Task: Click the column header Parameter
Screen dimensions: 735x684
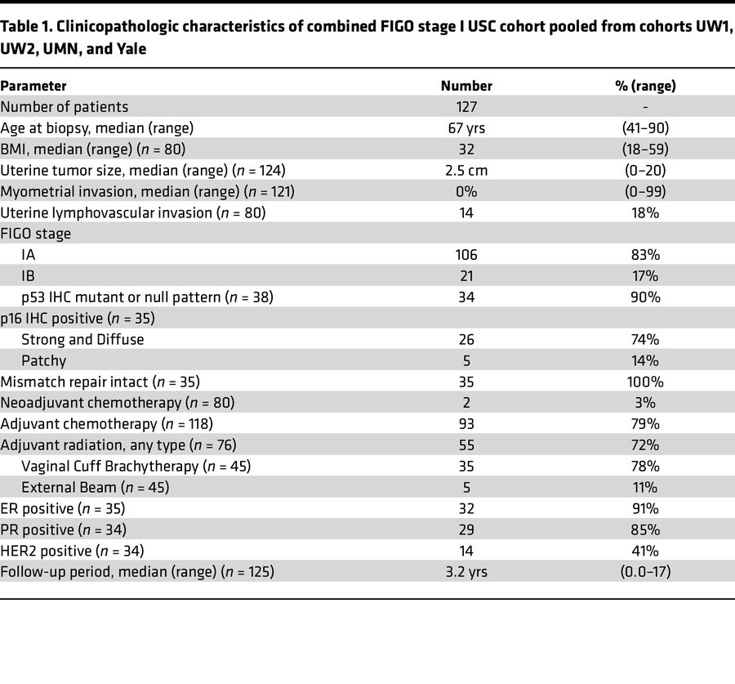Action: (33, 86)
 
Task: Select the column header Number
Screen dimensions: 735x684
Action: (466, 86)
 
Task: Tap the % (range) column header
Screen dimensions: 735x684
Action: (644, 86)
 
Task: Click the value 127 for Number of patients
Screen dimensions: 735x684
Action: (466, 106)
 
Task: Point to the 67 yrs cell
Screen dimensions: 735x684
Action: (466, 127)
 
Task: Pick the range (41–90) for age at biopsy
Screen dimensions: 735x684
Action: (644, 127)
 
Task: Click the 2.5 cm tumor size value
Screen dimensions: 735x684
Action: (466, 170)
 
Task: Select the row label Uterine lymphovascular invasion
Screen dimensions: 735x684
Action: (133, 212)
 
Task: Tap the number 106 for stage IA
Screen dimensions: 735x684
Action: (466, 255)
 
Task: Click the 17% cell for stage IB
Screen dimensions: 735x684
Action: (644, 275)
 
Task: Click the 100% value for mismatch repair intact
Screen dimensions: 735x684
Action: (644, 382)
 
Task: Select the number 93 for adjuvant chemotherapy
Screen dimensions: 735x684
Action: (466, 424)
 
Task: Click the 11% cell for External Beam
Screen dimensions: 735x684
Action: (644, 487)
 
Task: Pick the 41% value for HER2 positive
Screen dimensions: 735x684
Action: (644, 551)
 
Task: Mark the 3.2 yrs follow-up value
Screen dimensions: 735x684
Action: (466, 572)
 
